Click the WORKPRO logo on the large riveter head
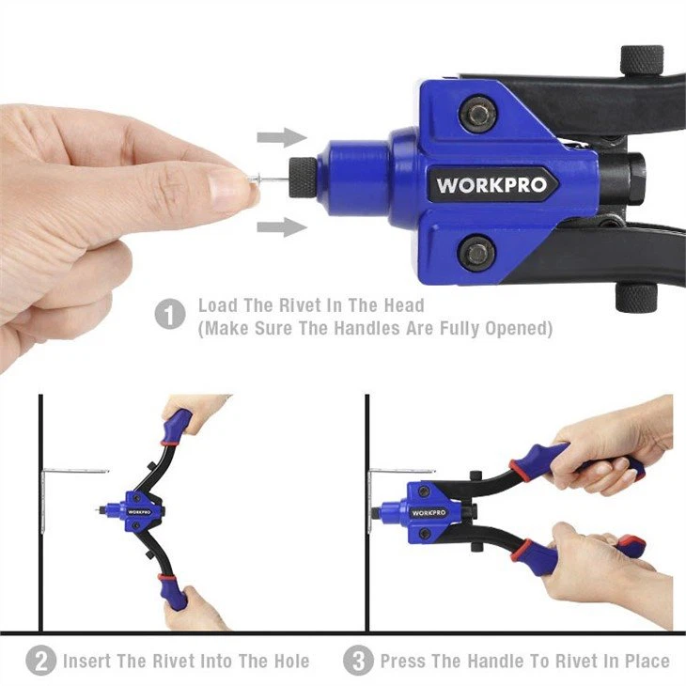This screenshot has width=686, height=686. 491,184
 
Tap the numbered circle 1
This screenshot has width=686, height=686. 170,313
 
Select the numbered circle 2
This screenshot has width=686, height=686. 40,661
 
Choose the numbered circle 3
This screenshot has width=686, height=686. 358,661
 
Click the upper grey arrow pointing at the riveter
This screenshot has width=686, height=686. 282,137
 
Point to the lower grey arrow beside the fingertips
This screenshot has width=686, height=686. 282,226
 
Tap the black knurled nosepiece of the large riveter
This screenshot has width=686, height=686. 303,178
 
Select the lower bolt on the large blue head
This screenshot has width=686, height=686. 476,254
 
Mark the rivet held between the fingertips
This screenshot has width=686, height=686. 268,178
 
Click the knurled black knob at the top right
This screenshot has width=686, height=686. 642,60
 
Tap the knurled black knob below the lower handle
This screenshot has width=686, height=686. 635,297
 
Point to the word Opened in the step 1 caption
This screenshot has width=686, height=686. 519,328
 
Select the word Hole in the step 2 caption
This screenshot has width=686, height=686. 292,661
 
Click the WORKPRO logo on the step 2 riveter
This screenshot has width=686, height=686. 140,511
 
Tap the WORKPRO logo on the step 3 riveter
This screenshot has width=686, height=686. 429,513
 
